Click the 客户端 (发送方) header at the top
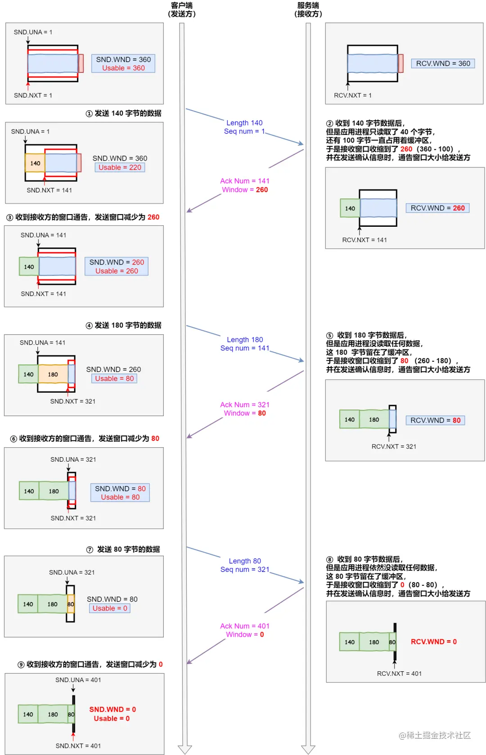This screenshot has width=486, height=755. (x=182, y=9)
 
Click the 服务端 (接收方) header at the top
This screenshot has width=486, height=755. (x=308, y=9)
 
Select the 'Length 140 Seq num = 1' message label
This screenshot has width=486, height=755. (x=244, y=127)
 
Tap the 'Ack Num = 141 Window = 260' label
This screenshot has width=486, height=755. (x=245, y=185)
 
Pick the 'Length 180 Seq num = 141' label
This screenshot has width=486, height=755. (x=245, y=344)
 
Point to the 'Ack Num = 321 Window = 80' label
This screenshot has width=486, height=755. (x=245, y=409)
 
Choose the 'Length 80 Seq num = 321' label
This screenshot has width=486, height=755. (x=245, y=565)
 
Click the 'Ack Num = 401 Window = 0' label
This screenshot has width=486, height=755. (x=245, y=630)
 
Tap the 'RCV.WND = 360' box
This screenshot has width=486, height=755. (x=443, y=63)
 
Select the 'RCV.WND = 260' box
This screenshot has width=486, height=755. (x=437, y=208)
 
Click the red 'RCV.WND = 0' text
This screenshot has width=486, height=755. (x=434, y=642)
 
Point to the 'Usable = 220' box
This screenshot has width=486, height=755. (x=120, y=167)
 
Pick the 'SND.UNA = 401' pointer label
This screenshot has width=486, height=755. (x=78, y=680)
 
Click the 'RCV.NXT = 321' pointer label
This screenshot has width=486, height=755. (x=394, y=446)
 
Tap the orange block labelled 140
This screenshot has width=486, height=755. (x=35, y=163)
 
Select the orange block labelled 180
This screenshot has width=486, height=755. (x=53, y=374)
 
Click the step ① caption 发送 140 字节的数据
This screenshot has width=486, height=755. (x=124, y=113)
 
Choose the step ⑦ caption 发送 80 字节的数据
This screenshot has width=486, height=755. (x=123, y=549)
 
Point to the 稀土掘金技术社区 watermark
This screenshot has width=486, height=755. (x=435, y=735)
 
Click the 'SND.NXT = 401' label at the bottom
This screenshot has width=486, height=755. (x=78, y=746)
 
